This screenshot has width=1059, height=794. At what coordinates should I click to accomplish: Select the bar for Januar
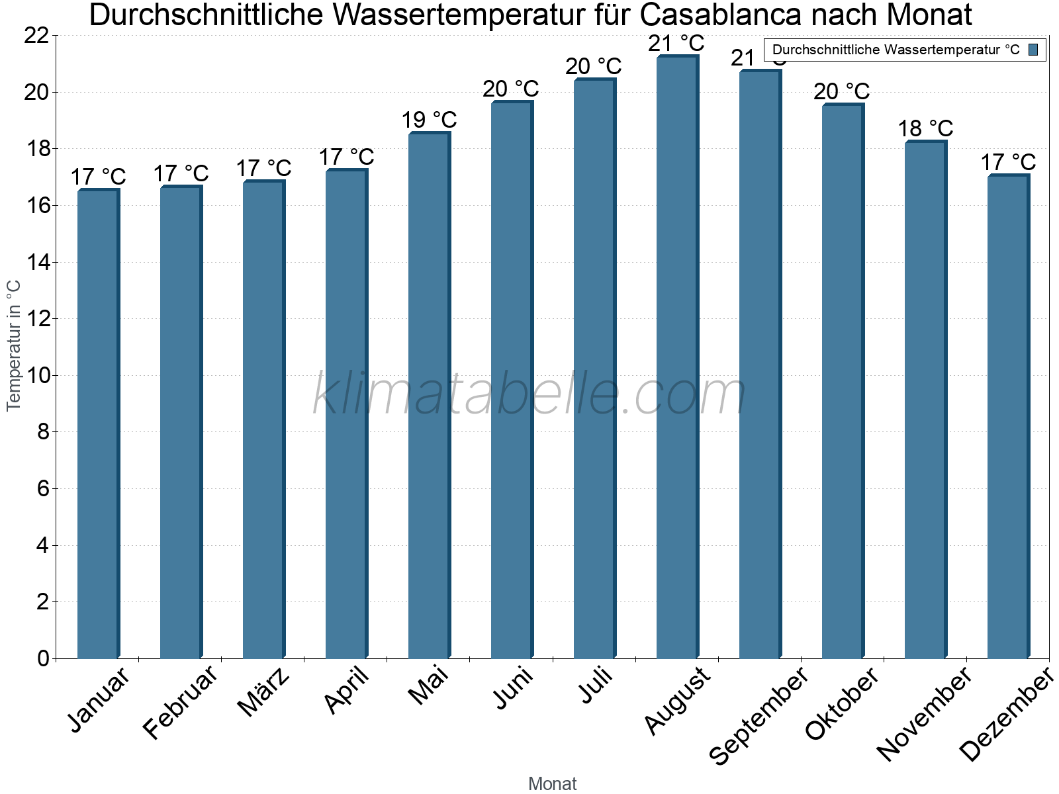(x=98, y=423)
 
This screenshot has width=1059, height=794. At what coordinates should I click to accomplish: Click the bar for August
(x=677, y=357)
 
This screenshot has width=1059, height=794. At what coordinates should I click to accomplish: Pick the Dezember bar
(x=1008, y=417)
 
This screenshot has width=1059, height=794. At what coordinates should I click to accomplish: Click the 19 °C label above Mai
(x=429, y=120)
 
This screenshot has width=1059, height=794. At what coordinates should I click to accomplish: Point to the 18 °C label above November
(x=925, y=128)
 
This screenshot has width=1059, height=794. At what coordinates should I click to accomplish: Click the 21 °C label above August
(x=676, y=44)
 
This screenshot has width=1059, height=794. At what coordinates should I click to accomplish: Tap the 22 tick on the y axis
(x=36, y=36)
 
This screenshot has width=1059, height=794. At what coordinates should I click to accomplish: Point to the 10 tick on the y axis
(x=36, y=376)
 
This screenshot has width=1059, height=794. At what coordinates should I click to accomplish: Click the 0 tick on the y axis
(x=43, y=658)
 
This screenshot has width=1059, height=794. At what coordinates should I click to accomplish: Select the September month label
(x=759, y=715)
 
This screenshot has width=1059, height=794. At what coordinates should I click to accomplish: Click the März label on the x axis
(x=263, y=692)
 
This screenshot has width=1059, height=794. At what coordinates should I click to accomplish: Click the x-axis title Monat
(x=553, y=783)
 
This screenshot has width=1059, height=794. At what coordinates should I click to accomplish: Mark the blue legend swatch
(x=1033, y=50)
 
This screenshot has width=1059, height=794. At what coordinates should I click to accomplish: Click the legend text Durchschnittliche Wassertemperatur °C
(x=896, y=50)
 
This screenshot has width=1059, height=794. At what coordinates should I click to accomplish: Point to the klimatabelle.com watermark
(x=529, y=394)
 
